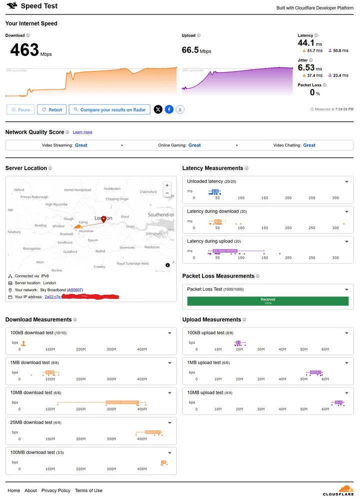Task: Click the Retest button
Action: pyautogui.click(x=52, y=110)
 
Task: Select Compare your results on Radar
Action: pyautogui.click(x=109, y=110)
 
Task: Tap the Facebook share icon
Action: pyautogui.click(x=169, y=110)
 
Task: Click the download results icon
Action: pyautogui.click(x=180, y=110)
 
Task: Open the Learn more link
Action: pyautogui.click(x=82, y=132)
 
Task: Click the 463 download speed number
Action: pyautogui.click(x=24, y=50)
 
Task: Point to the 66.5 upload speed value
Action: pyautogui.click(x=190, y=50)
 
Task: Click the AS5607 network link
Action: pyautogui.click(x=75, y=290)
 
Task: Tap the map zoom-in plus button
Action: pyautogui.click(x=167, y=185)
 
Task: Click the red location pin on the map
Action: pyautogui.click(x=103, y=219)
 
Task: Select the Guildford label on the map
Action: pyautogui.click(x=70, y=252)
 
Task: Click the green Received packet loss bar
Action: pyautogui.click(x=267, y=301)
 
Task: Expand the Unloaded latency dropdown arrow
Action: pyautogui.click(x=346, y=182)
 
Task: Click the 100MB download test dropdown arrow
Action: pyautogui.click(x=169, y=452)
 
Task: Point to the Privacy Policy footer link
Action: pyautogui.click(x=56, y=490)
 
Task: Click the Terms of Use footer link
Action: pyautogui.click(x=88, y=490)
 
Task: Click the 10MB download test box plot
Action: pyautogui.click(x=122, y=402)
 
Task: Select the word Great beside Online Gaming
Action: pyautogui.click(x=194, y=145)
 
